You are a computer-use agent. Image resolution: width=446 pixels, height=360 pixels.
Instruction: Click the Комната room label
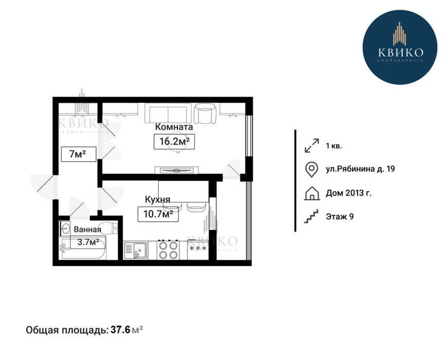tap(174, 127)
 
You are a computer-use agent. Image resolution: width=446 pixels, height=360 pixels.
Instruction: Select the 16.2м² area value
tap(174, 141)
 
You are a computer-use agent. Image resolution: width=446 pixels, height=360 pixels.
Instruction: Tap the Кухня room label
tap(157, 199)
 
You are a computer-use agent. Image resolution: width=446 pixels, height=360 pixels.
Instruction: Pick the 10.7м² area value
tap(158, 214)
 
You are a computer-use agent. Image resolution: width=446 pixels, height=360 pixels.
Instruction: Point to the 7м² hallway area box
tap(78, 154)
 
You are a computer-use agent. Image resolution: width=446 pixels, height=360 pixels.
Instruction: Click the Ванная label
tap(87, 229)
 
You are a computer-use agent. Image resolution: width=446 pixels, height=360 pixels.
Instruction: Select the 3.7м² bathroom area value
tap(88, 242)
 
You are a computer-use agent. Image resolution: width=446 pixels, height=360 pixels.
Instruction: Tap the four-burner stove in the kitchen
tap(168, 250)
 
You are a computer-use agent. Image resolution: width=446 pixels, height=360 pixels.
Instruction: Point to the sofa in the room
tap(168, 113)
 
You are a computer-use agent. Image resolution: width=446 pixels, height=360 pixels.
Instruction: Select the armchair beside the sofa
tap(205, 113)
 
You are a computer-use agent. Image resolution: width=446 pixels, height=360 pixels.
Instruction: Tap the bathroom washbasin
tap(65, 228)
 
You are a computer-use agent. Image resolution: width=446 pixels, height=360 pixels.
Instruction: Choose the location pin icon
tap(311, 169)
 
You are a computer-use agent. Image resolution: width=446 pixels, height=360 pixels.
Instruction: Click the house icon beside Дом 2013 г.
tap(312, 193)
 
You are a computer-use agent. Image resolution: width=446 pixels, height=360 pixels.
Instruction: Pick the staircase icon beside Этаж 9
tap(311, 217)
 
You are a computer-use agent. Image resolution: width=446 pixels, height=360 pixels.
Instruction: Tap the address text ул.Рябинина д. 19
tap(360, 169)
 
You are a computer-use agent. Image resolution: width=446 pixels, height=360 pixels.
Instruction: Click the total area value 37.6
tap(120, 330)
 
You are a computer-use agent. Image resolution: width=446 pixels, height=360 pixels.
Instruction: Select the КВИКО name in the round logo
tap(401, 52)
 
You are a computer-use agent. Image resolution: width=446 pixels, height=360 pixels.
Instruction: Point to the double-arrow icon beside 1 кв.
tap(312, 146)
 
